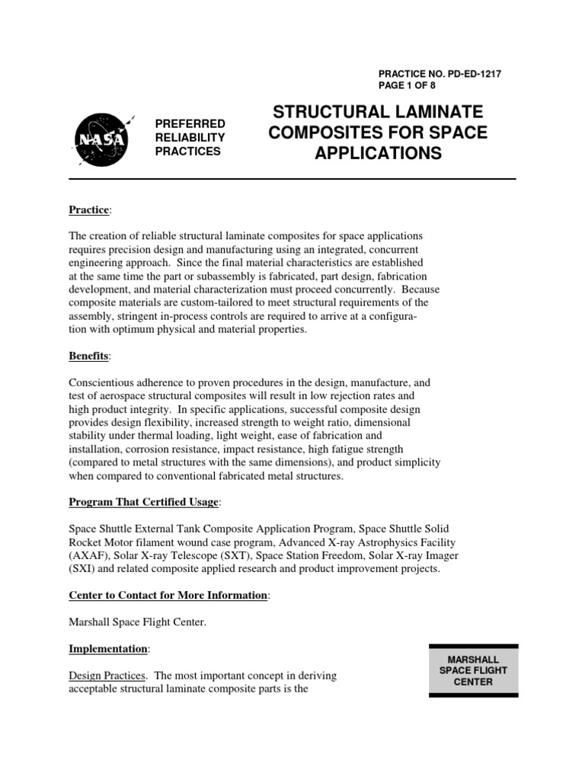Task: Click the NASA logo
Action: (102, 137)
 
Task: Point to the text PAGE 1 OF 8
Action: (411, 86)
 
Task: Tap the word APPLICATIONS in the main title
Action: (378, 153)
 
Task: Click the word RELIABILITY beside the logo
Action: (190, 137)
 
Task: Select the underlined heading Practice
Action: (89, 209)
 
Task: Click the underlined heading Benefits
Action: (89, 356)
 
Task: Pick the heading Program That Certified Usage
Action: (144, 502)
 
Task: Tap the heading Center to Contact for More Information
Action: (168, 595)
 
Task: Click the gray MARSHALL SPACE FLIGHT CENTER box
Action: (473, 670)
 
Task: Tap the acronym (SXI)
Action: (84, 569)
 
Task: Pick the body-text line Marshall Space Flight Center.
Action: (138, 622)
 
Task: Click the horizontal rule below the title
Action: (292, 179)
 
